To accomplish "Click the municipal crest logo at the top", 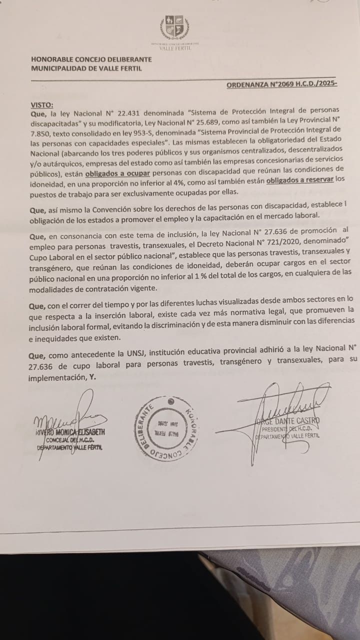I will (x=174, y=28).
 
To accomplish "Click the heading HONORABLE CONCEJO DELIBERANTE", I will (x=91, y=59).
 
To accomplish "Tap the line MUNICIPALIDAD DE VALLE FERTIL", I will (x=86, y=68).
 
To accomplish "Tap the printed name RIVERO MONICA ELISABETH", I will (x=70, y=431).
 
